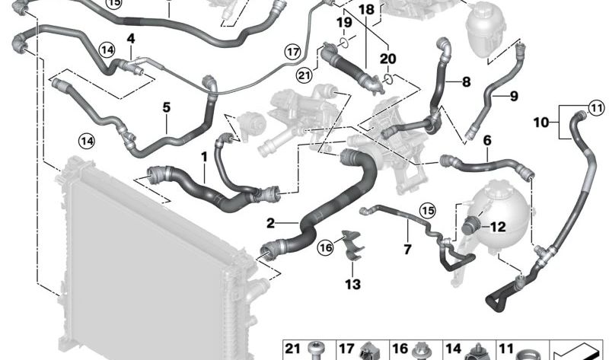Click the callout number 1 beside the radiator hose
(x=204, y=158)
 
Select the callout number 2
(x=270, y=223)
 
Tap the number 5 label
(x=166, y=107)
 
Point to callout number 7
(x=407, y=250)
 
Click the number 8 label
(x=466, y=82)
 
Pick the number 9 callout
(x=513, y=96)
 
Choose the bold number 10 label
(x=541, y=123)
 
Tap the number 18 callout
(x=366, y=9)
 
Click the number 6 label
(x=487, y=140)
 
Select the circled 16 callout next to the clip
(x=326, y=247)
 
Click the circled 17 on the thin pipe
(x=293, y=51)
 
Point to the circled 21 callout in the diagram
(x=304, y=75)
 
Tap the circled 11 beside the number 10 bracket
(x=596, y=107)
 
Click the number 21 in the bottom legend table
(x=292, y=349)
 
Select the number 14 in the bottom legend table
(x=453, y=349)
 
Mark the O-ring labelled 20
(x=388, y=80)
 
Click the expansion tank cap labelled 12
(x=471, y=225)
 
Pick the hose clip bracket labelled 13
(x=352, y=246)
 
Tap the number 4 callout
(x=130, y=39)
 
